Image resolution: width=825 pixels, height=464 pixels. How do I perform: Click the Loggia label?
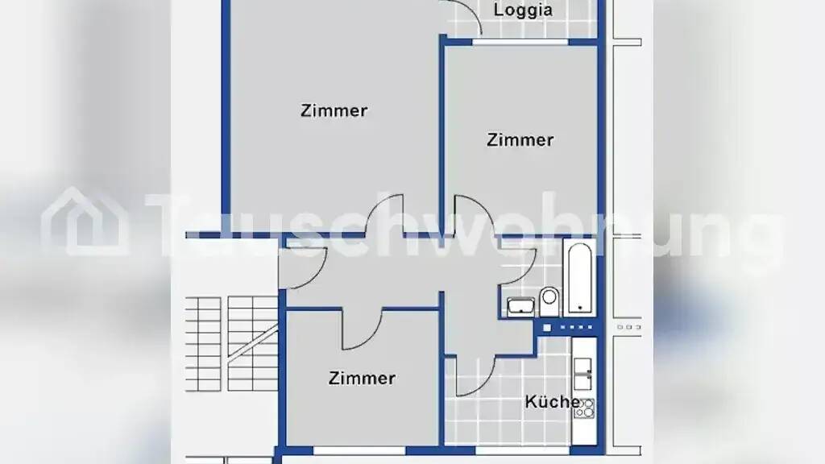[523, 10]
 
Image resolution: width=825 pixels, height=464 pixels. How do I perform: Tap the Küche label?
[553, 402]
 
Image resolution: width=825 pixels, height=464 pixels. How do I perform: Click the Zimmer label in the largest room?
[334, 110]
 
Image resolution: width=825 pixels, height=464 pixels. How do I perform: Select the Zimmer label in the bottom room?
[362, 379]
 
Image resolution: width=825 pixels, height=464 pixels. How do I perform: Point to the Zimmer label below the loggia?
[520, 140]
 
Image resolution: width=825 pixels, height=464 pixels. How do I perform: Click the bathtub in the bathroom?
[579, 277]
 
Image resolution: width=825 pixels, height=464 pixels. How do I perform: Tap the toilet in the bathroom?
[549, 300]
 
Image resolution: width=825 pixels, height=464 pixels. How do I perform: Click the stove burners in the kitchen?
[584, 408]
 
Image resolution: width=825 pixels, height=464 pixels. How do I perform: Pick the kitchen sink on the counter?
[583, 374]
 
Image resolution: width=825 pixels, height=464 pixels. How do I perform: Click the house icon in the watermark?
[85, 221]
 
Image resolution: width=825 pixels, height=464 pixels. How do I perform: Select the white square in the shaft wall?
[547, 328]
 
